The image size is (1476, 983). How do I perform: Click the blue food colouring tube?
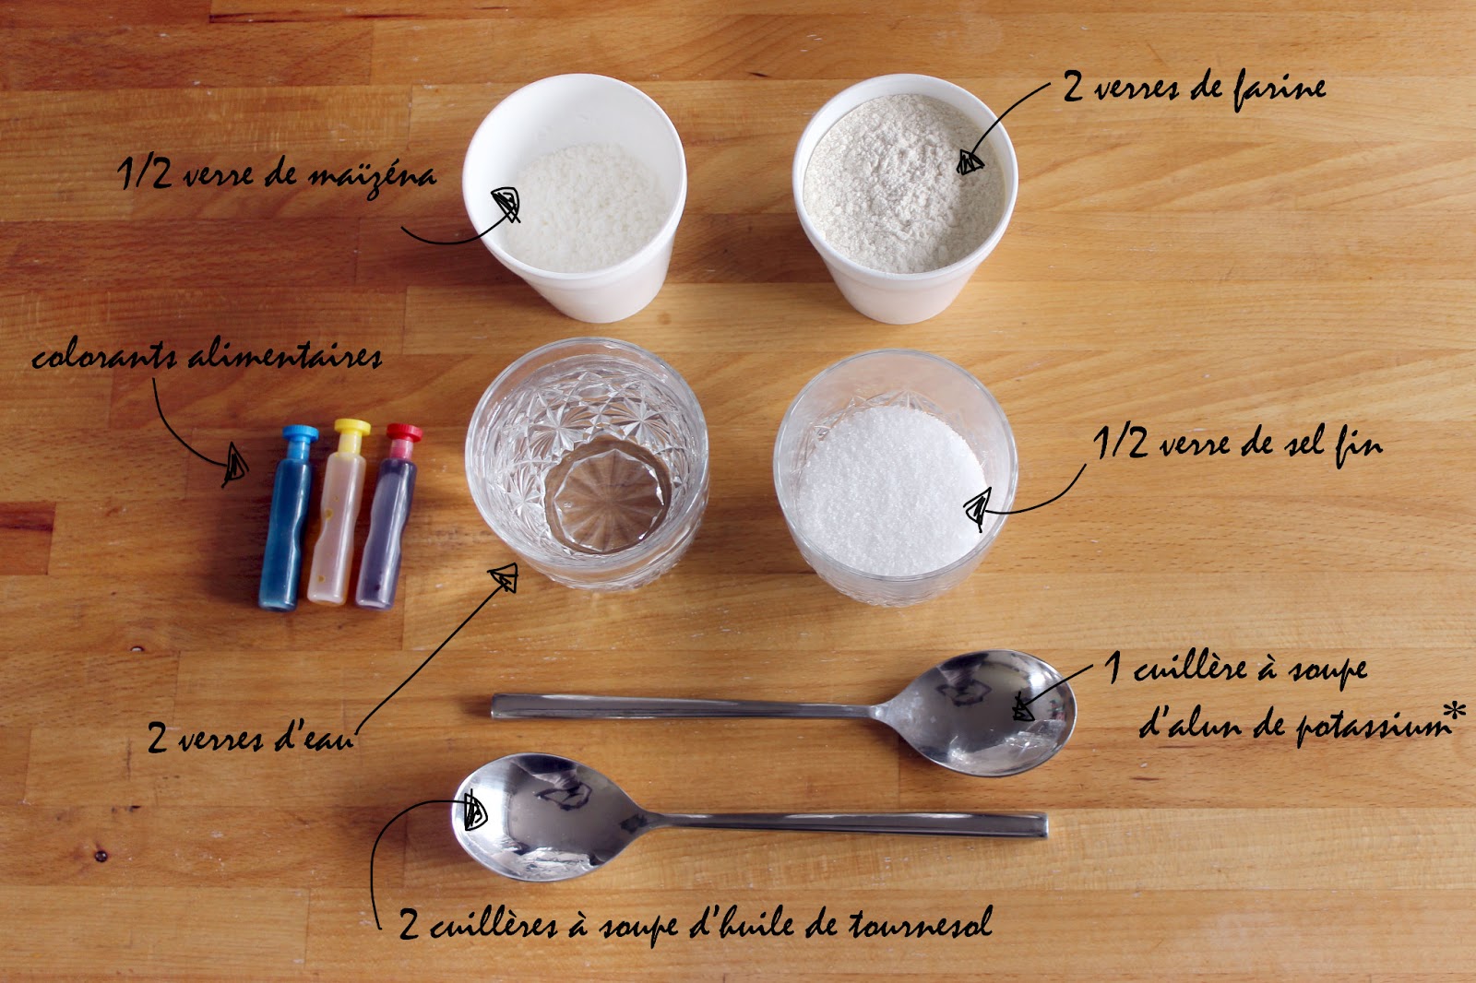tap(288, 518)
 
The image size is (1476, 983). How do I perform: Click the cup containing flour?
tap(905, 197)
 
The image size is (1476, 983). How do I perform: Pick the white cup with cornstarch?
tap(575, 197)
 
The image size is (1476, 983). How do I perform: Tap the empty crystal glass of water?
tap(587, 464)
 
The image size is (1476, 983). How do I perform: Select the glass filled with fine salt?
tap(895, 477)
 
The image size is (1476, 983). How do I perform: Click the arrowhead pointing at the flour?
tap(970, 162)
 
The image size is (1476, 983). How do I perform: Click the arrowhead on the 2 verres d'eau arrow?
tap(505, 577)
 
